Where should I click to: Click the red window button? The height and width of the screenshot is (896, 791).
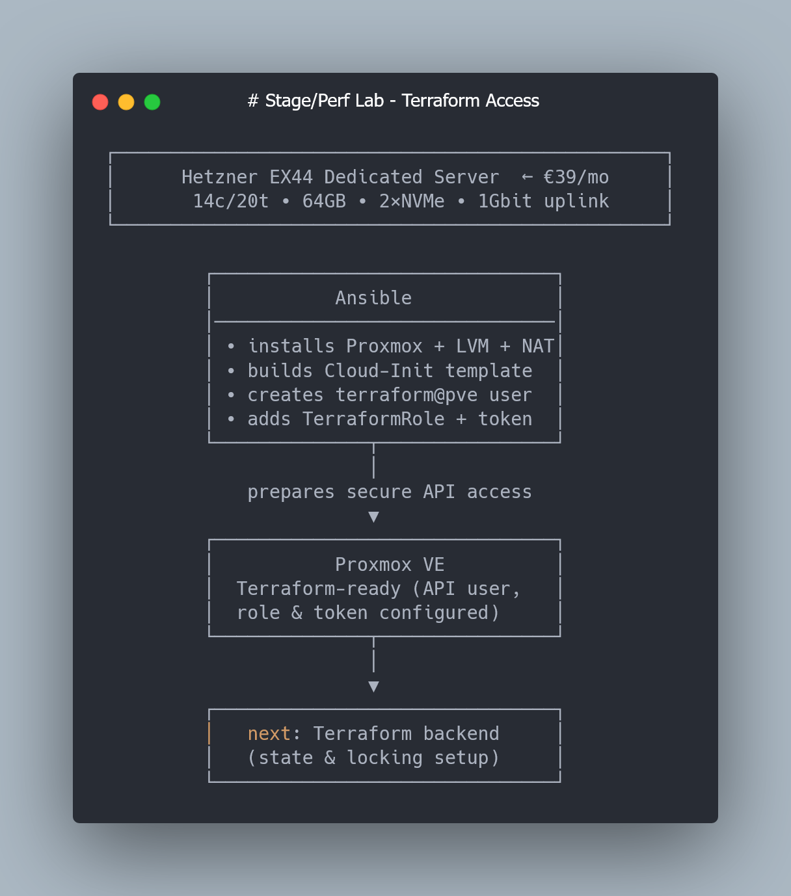pyautogui.click(x=100, y=102)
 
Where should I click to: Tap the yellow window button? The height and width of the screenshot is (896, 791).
pyautogui.click(x=126, y=102)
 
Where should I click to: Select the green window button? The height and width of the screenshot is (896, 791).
pyautogui.click(x=152, y=102)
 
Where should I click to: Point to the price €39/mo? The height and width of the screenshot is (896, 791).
pyautogui.click(x=576, y=178)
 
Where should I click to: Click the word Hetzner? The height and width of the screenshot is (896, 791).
pyautogui.click(x=219, y=178)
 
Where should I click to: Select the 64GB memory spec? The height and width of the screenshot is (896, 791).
pyautogui.click(x=324, y=201)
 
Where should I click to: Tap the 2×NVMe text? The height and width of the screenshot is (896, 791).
pyautogui.click(x=411, y=201)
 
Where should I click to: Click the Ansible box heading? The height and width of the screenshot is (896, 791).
pyautogui.click(x=373, y=298)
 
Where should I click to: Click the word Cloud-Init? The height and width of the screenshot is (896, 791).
pyautogui.click(x=379, y=371)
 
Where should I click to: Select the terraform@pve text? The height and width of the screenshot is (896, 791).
pyautogui.click(x=406, y=395)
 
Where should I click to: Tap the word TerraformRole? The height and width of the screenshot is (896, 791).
pyautogui.click(x=373, y=419)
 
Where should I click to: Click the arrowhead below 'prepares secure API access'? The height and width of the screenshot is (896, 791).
pyautogui.click(x=374, y=517)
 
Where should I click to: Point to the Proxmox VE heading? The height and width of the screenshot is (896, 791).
pyautogui.click(x=390, y=565)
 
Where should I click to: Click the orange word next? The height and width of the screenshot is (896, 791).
pyautogui.click(x=269, y=734)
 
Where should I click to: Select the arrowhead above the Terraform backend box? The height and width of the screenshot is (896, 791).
pyautogui.click(x=374, y=687)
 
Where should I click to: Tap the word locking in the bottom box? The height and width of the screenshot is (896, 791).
pyautogui.click(x=384, y=758)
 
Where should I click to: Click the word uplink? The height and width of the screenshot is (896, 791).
pyautogui.click(x=576, y=202)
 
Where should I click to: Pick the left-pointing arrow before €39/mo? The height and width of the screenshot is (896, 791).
pyautogui.click(x=527, y=178)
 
